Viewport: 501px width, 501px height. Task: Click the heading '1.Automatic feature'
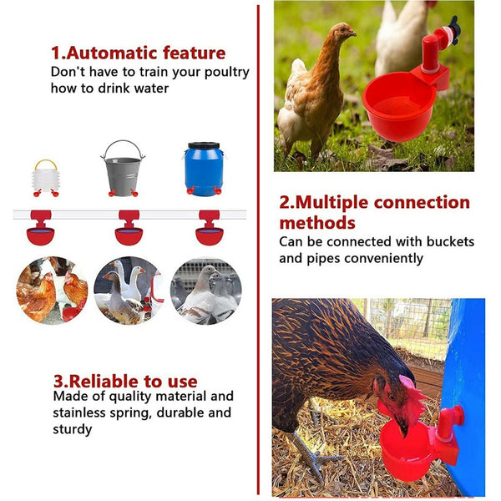point(138,53)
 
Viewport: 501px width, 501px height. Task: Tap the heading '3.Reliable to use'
point(125,381)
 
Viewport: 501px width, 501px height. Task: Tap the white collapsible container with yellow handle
point(45,176)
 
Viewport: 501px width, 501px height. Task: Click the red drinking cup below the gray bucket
point(129,230)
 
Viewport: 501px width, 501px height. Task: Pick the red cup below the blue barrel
point(209,230)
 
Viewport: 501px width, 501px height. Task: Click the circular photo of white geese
point(127,290)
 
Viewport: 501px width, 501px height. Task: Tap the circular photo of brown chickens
point(52,290)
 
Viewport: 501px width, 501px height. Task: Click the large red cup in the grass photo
point(399,106)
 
